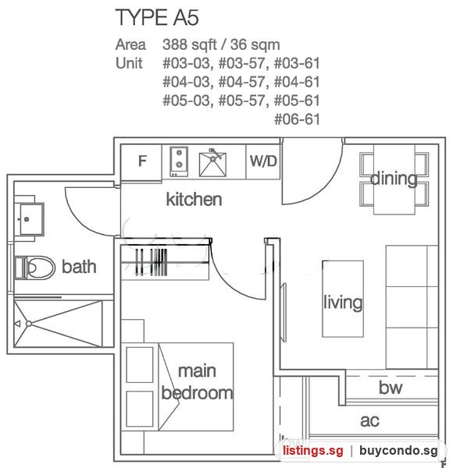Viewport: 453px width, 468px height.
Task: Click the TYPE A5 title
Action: [x=157, y=17]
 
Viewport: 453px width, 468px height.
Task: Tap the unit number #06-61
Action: [x=297, y=119]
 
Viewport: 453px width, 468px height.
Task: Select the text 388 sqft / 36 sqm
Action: [x=221, y=44]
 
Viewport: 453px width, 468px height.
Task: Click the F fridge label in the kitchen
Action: [x=142, y=161]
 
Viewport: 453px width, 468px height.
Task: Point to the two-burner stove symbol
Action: [x=179, y=161]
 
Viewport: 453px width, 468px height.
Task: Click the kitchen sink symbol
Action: [x=212, y=163]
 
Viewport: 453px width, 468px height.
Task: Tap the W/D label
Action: [x=263, y=161]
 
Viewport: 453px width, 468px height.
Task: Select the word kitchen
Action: [x=194, y=199]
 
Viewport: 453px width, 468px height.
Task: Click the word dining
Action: [x=394, y=179]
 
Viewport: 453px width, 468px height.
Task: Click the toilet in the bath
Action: [x=34, y=268]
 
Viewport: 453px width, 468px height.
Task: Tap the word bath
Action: [x=79, y=267]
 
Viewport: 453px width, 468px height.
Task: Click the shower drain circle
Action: [x=29, y=324]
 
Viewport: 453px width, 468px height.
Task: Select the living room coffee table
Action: [x=343, y=299]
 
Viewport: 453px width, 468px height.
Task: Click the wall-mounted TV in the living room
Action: [x=284, y=312]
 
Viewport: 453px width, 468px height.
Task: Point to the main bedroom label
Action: [x=197, y=382]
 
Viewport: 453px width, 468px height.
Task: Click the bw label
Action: [x=391, y=388]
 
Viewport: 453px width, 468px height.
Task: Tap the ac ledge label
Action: [x=369, y=421]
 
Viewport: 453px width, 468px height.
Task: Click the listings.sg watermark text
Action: [x=313, y=451]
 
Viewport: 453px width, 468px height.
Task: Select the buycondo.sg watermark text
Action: [x=398, y=451]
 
